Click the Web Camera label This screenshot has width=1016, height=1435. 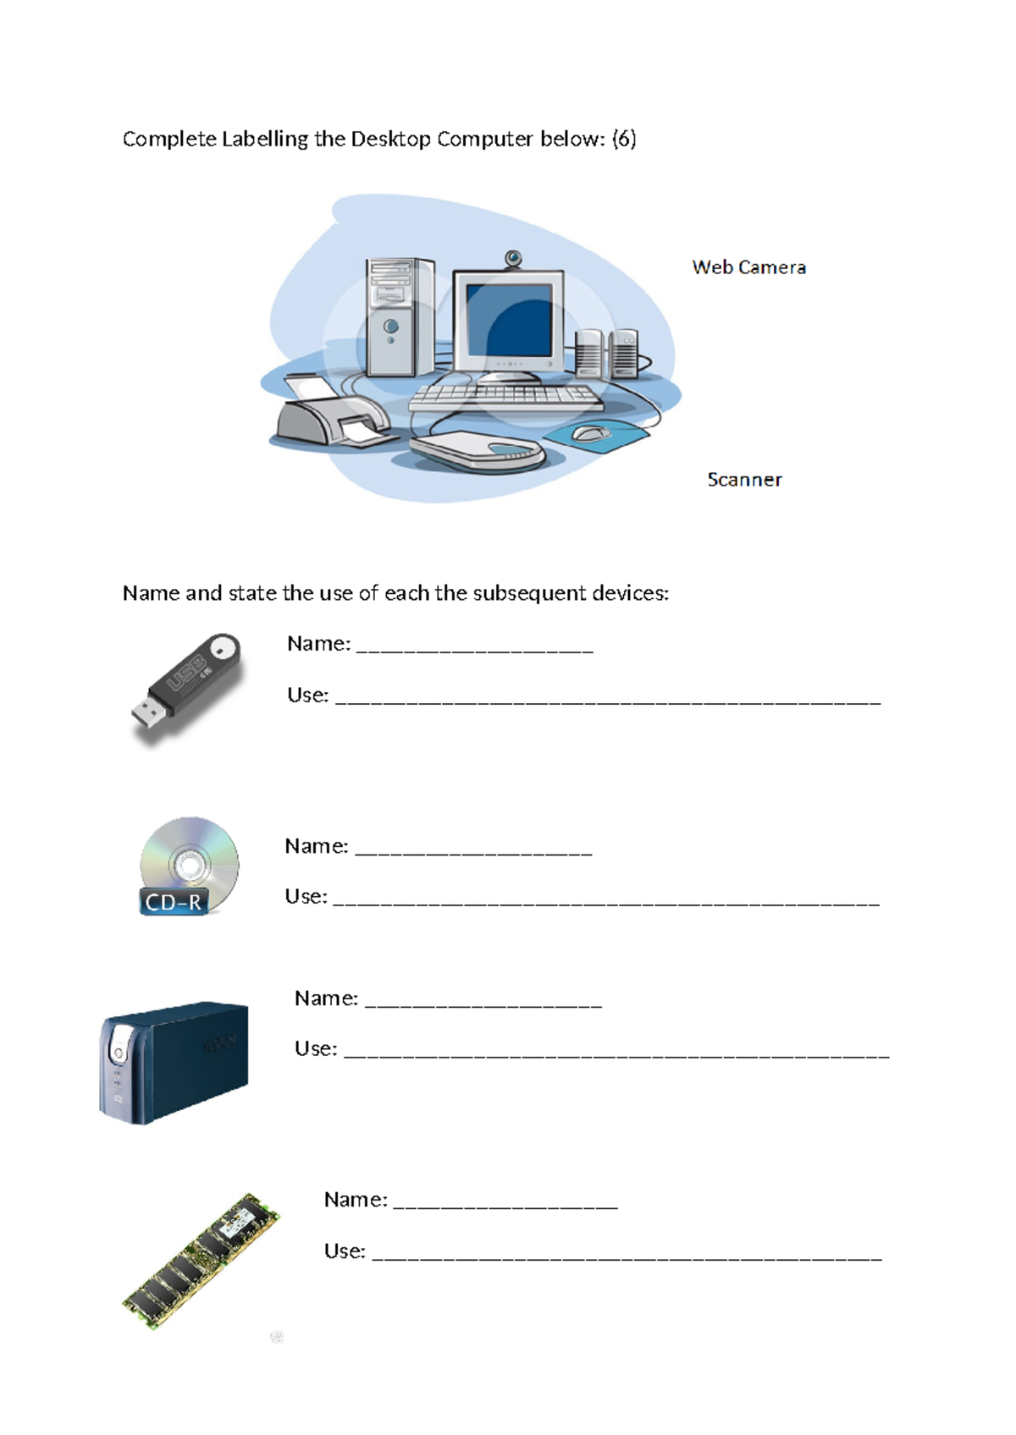pyautogui.click(x=748, y=267)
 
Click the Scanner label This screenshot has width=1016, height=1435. pyautogui.click(x=744, y=480)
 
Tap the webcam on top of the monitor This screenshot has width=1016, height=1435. pyautogui.click(x=513, y=258)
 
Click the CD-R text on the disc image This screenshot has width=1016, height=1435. pyautogui.click(x=174, y=902)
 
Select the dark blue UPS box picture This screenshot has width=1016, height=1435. pyautogui.click(x=174, y=1062)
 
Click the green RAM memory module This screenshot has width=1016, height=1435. pyautogui.click(x=202, y=1261)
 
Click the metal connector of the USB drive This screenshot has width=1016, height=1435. pyautogui.click(x=146, y=715)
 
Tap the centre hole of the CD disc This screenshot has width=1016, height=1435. pyautogui.click(x=189, y=865)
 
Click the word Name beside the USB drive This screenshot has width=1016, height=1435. pyautogui.click(x=318, y=644)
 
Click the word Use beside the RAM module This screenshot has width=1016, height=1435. pyautogui.click(x=344, y=1251)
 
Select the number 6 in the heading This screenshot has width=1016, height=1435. pyautogui.click(x=624, y=139)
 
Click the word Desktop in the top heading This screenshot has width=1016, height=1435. pyautogui.click(x=390, y=139)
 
